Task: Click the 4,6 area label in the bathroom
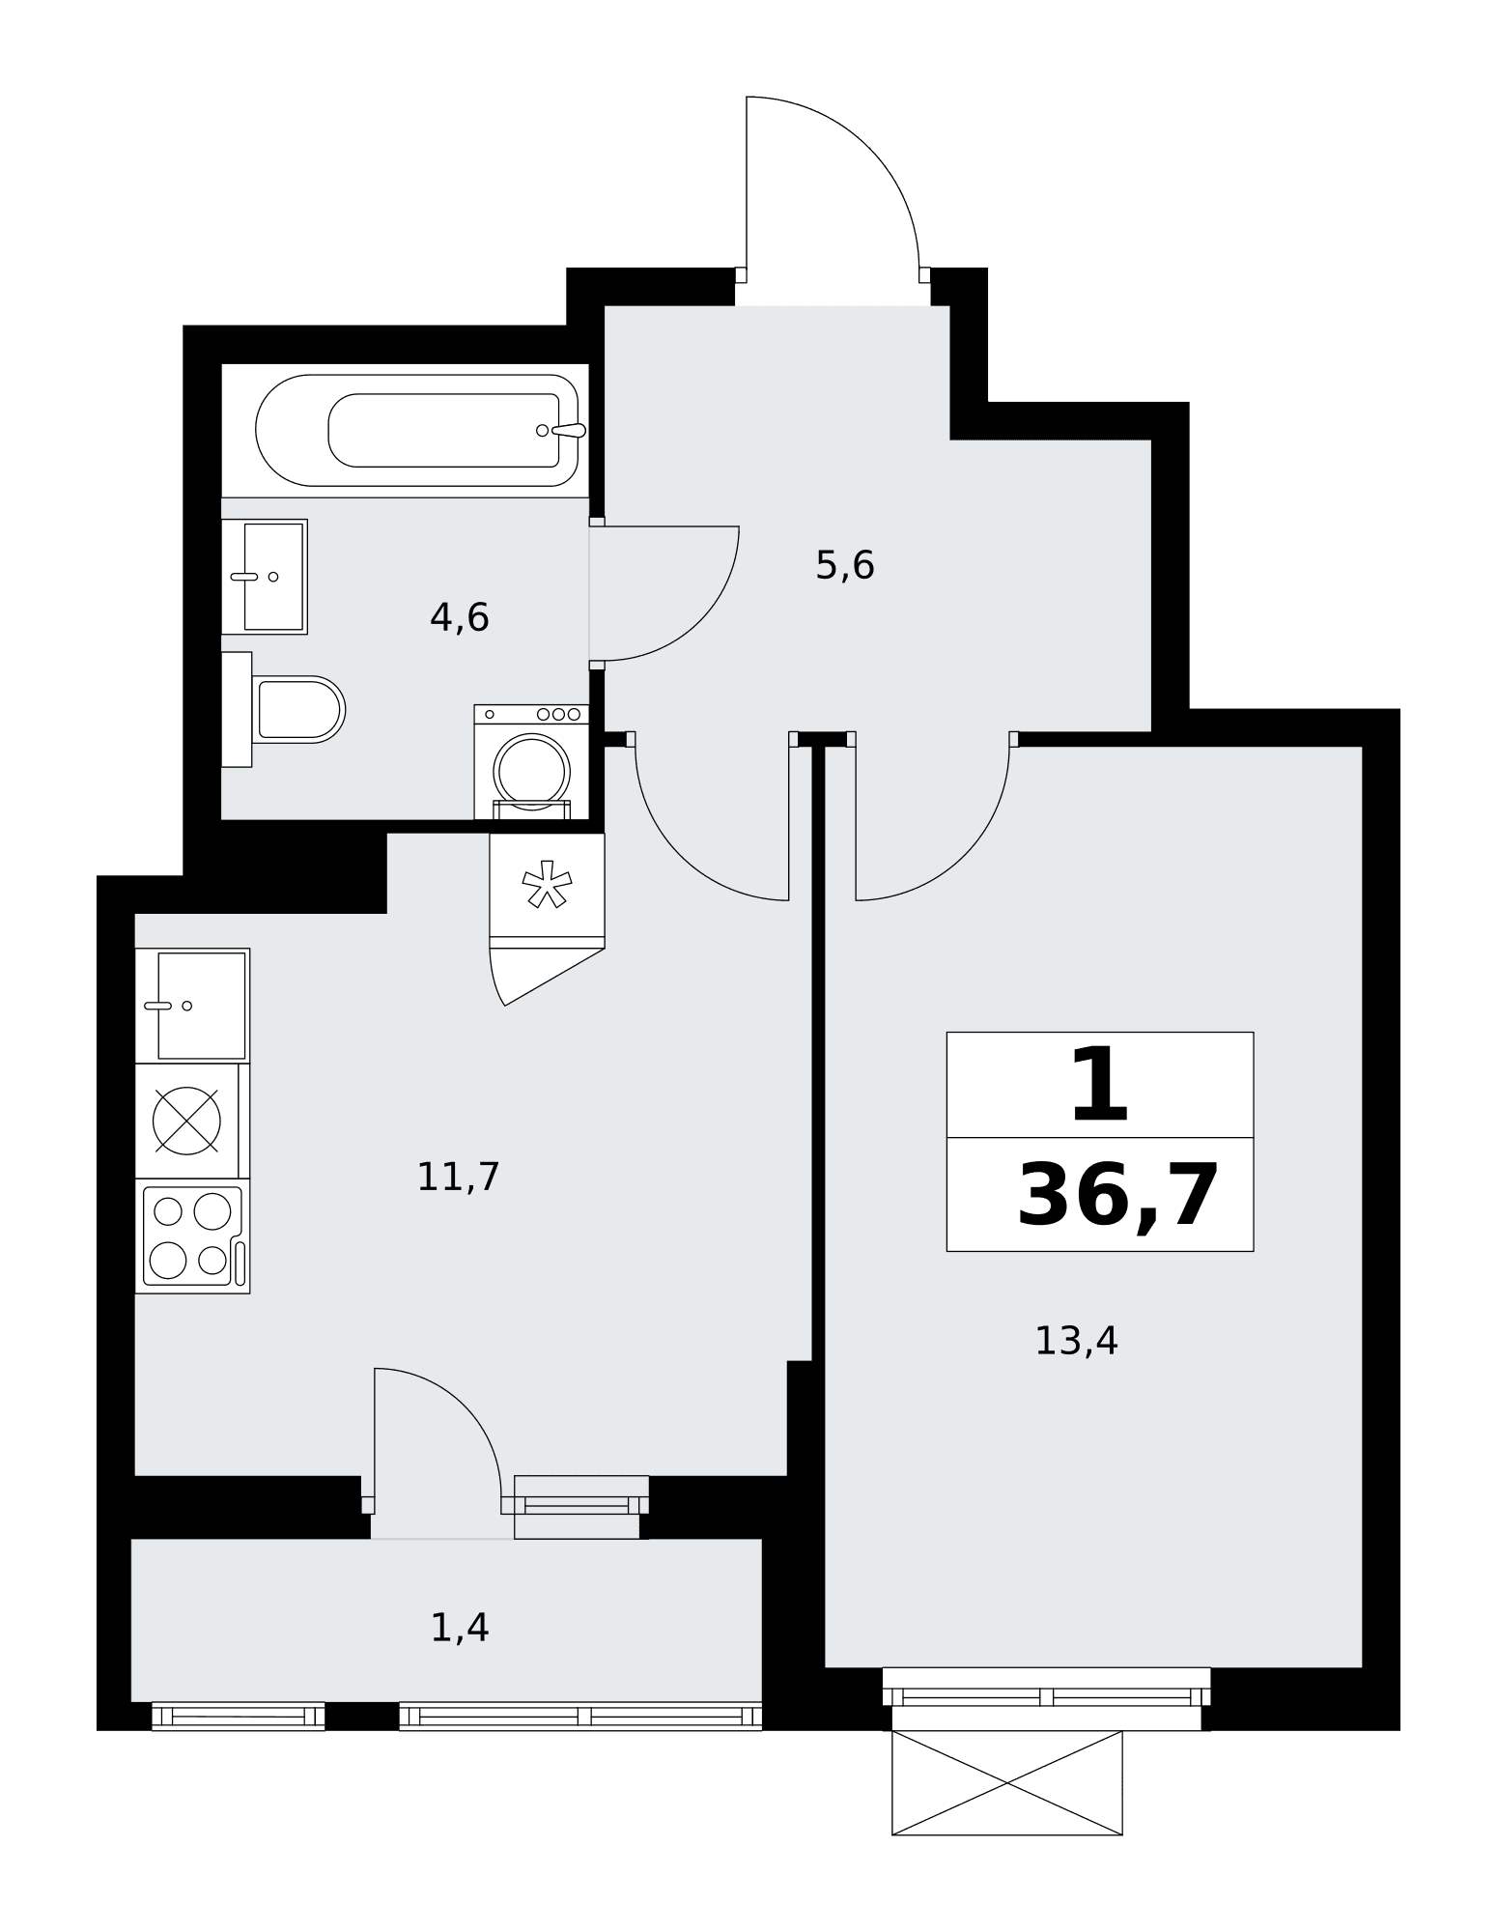pos(460,617)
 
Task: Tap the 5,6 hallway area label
pos(845,565)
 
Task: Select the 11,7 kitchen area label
pos(458,1178)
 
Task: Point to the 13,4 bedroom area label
pos(1076,1342)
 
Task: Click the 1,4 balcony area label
pos(460,1629)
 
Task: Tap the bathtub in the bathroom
pos(417,430)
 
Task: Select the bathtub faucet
pos(562,430)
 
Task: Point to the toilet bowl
pos(298,710)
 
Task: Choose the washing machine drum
pos(531,772)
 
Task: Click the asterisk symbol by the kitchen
pos(547,885)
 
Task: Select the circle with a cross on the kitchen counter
pos(187,1121)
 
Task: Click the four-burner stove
pos(193,1236)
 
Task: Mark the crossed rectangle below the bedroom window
pos(1007,1782)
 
